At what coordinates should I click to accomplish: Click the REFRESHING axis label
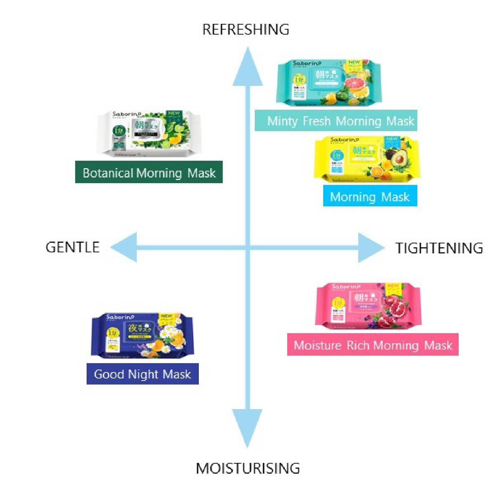coord(246,29)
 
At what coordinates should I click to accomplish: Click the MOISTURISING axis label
coord(248,468)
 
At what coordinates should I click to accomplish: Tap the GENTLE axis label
coord(72,247)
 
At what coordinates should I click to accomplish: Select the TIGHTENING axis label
coord(439,248)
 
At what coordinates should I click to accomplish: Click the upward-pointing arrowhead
coord(248,68)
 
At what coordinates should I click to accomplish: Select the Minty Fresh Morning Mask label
coord(336,121)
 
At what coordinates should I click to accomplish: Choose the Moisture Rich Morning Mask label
coord(373,345)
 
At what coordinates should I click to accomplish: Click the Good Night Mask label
coord(143,374)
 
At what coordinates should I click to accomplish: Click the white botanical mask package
coord(149,133)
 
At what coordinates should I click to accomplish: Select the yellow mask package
coord(367,159)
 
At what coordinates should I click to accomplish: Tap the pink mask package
coord(368,306)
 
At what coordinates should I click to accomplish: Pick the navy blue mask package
coord(142,336)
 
